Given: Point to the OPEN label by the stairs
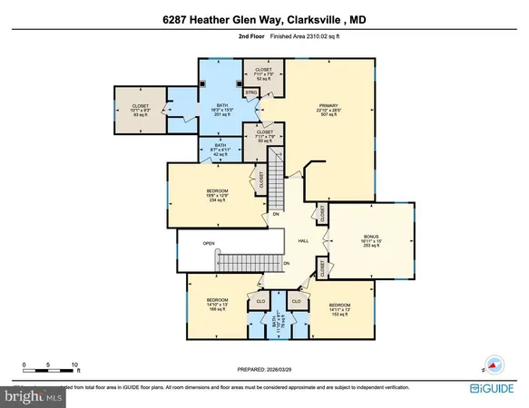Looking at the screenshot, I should click(x=208, y=243).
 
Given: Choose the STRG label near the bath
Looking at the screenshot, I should click(x=251, y=92).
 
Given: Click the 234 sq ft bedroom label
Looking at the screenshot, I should click(x=210, y=195).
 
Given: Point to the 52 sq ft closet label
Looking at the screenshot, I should click(x=264, y=73).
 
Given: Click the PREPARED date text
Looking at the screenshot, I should click(x=264, y=368).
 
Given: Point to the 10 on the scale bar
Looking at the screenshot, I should click(x=74, y=364).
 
